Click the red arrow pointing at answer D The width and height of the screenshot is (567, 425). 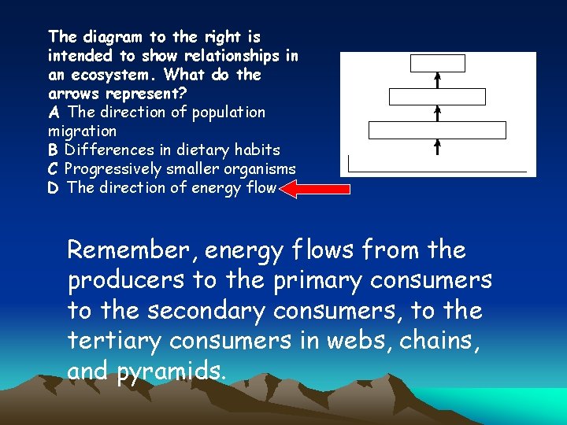315,189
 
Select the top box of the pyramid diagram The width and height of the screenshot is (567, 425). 438,64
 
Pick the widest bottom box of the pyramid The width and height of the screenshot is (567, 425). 437,131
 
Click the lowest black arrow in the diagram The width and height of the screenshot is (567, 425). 438,147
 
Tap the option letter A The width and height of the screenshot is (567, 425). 54,112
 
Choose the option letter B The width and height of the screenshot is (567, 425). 54,150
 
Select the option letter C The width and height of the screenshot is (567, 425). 54,168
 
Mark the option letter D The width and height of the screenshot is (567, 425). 54,187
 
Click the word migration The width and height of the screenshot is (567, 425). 82,131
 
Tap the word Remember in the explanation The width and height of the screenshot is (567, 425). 135,250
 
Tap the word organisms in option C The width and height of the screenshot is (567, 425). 259,168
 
